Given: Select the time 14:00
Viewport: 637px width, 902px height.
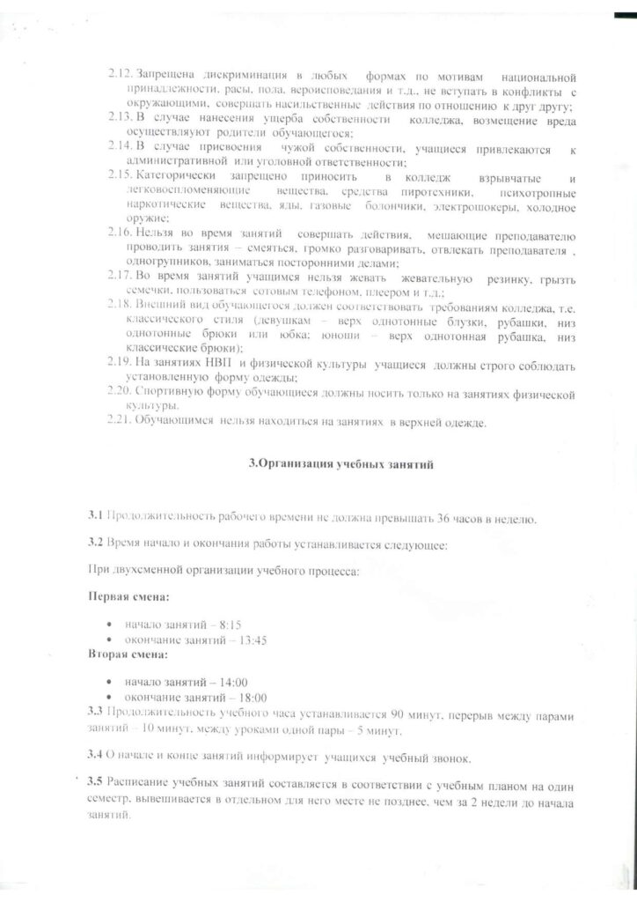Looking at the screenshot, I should coord(232,682).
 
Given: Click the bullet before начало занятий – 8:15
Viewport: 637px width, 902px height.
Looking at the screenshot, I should coord(108,625).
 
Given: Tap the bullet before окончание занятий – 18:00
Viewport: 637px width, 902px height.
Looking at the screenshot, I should coord(108,697).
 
